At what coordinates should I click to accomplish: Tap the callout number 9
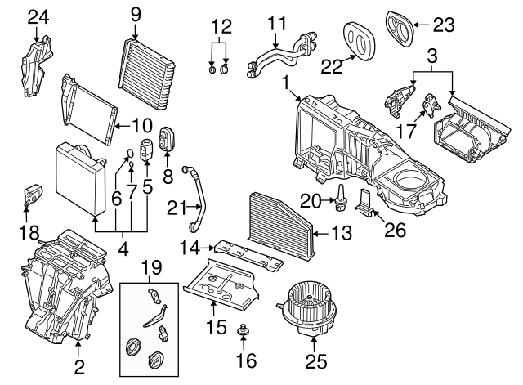click(136, 13)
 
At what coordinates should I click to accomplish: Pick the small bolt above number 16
click(242, 332)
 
